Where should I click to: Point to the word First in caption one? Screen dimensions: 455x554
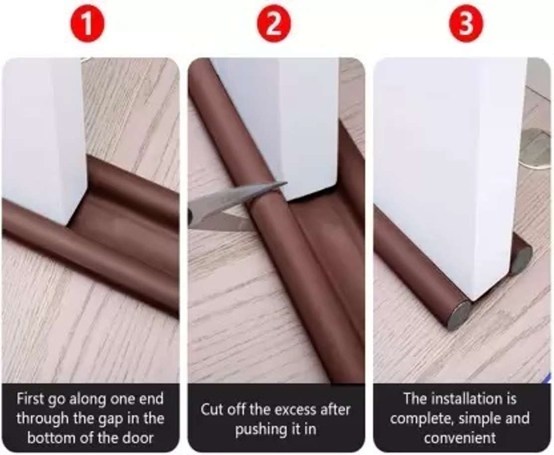point(31,398)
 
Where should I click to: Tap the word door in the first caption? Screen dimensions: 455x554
point(138,438)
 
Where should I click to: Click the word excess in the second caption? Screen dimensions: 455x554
point(289,410)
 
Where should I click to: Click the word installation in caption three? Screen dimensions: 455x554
point(465,398)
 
